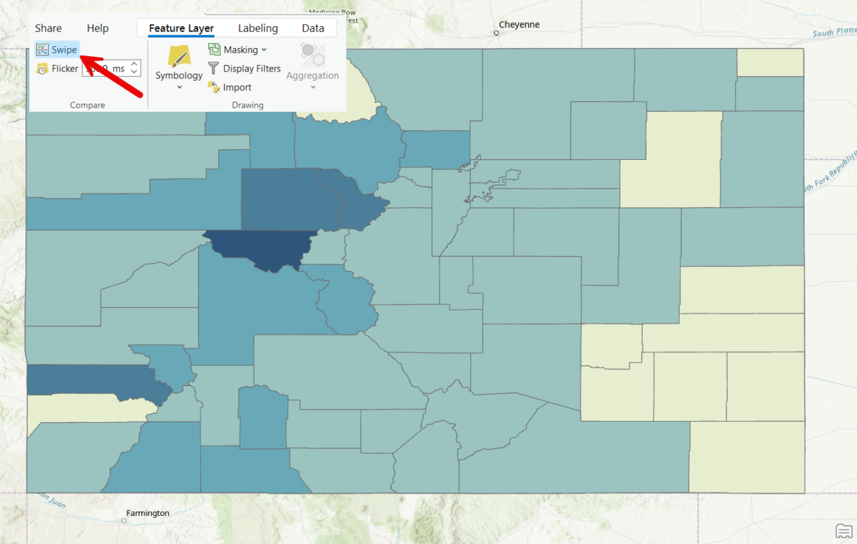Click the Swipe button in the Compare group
[x=58, y=50]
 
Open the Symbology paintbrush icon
[x=179, y=56]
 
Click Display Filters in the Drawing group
[x=244, y=68]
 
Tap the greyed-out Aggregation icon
[x=313, y=54]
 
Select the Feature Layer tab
[x=181, y=28]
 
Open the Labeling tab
[x=258, y=28]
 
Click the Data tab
[x=313, y=28]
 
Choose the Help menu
[x=98, y=28]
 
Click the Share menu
[x=48, y=28]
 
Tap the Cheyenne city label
[x=519, y=25]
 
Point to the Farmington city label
[x=148, y=513]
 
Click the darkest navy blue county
[x=261, y=248]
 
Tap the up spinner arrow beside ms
[x=135, y=64]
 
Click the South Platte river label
[x=833, y=33]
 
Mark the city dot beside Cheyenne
[x=496, y=32]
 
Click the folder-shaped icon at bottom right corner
[x=844, y=531]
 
